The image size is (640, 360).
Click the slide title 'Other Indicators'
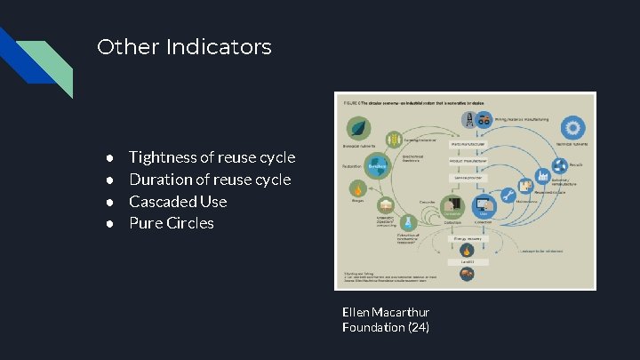pyautogui.click(x=184, y=47)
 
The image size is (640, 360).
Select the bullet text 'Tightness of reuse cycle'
pyautogui.click(x=212, y=157)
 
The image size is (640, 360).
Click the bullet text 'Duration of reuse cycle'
pyautogui.click(x=210, y=180)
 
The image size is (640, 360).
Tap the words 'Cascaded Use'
pyautogui.click(x=178, y=202)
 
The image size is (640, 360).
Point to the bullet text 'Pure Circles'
pyautogui.click(x=172, y=223)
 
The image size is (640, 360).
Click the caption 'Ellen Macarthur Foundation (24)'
pyautogui.click(x=386, y=320)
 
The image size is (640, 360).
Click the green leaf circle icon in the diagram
pyautogui.click(x=359, y=126)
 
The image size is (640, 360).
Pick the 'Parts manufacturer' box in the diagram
pyautogui.click(x=468, y=143)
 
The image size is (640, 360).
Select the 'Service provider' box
pyautogui.click(x=468, y=179)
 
